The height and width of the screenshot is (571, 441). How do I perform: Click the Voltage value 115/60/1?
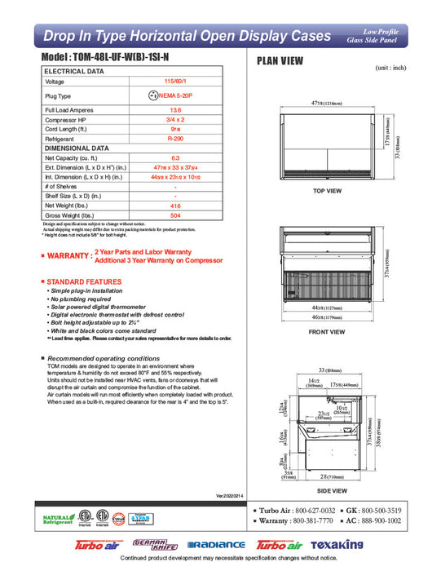pos(174,82)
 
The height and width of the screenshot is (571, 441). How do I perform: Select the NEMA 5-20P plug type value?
pos(179,95)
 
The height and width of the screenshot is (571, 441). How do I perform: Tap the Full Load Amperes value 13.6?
pos(174,108)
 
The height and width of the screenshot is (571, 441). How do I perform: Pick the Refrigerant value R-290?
pos(174,139)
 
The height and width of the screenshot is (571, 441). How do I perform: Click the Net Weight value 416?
pos(174,206)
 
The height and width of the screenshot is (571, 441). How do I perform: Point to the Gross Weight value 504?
pos(174,216)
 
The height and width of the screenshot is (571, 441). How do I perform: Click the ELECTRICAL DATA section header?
pos(74,72)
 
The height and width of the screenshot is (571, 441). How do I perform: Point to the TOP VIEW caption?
pos(327,190)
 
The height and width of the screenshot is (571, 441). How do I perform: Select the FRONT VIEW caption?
pos(327,333)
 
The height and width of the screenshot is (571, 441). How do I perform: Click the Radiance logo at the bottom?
pos(215,545)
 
